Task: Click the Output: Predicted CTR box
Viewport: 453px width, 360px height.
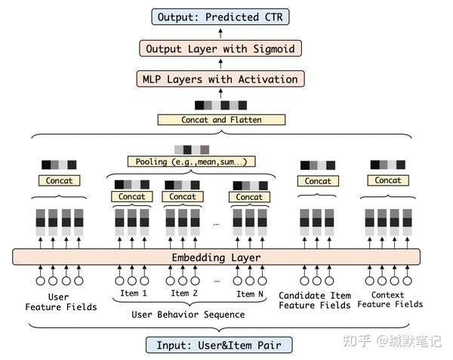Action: coord(220,16)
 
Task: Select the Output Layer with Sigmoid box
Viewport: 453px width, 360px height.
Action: coord(220,48)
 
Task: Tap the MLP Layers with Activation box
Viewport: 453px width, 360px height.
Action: coord(220,78)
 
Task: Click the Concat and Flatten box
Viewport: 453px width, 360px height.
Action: coord(220,119)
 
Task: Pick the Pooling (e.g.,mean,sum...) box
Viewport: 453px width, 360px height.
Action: coord(191,162)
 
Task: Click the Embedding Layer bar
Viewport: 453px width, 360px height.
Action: coord(216,257)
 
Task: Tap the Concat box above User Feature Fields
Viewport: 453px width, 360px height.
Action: coord(59,181)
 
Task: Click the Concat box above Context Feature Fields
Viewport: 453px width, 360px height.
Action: coord(387,180)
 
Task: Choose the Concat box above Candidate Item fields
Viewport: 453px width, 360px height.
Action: coord(317,181)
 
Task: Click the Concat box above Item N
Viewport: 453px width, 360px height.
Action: coord(248,197)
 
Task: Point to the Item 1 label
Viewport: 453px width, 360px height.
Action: coord(134,293)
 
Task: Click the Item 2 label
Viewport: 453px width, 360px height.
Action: coord(184,293)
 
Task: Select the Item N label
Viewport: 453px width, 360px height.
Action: coord(250,294)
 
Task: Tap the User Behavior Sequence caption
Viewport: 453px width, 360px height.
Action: coord(188,314)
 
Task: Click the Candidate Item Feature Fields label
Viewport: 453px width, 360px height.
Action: coord(315,300)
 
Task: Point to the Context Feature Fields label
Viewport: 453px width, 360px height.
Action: coord(390,300)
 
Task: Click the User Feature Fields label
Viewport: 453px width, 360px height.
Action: coord(61,302)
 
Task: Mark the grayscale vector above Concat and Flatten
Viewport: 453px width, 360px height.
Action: coord(220,105)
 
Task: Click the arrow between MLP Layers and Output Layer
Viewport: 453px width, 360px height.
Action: coord(220,63)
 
